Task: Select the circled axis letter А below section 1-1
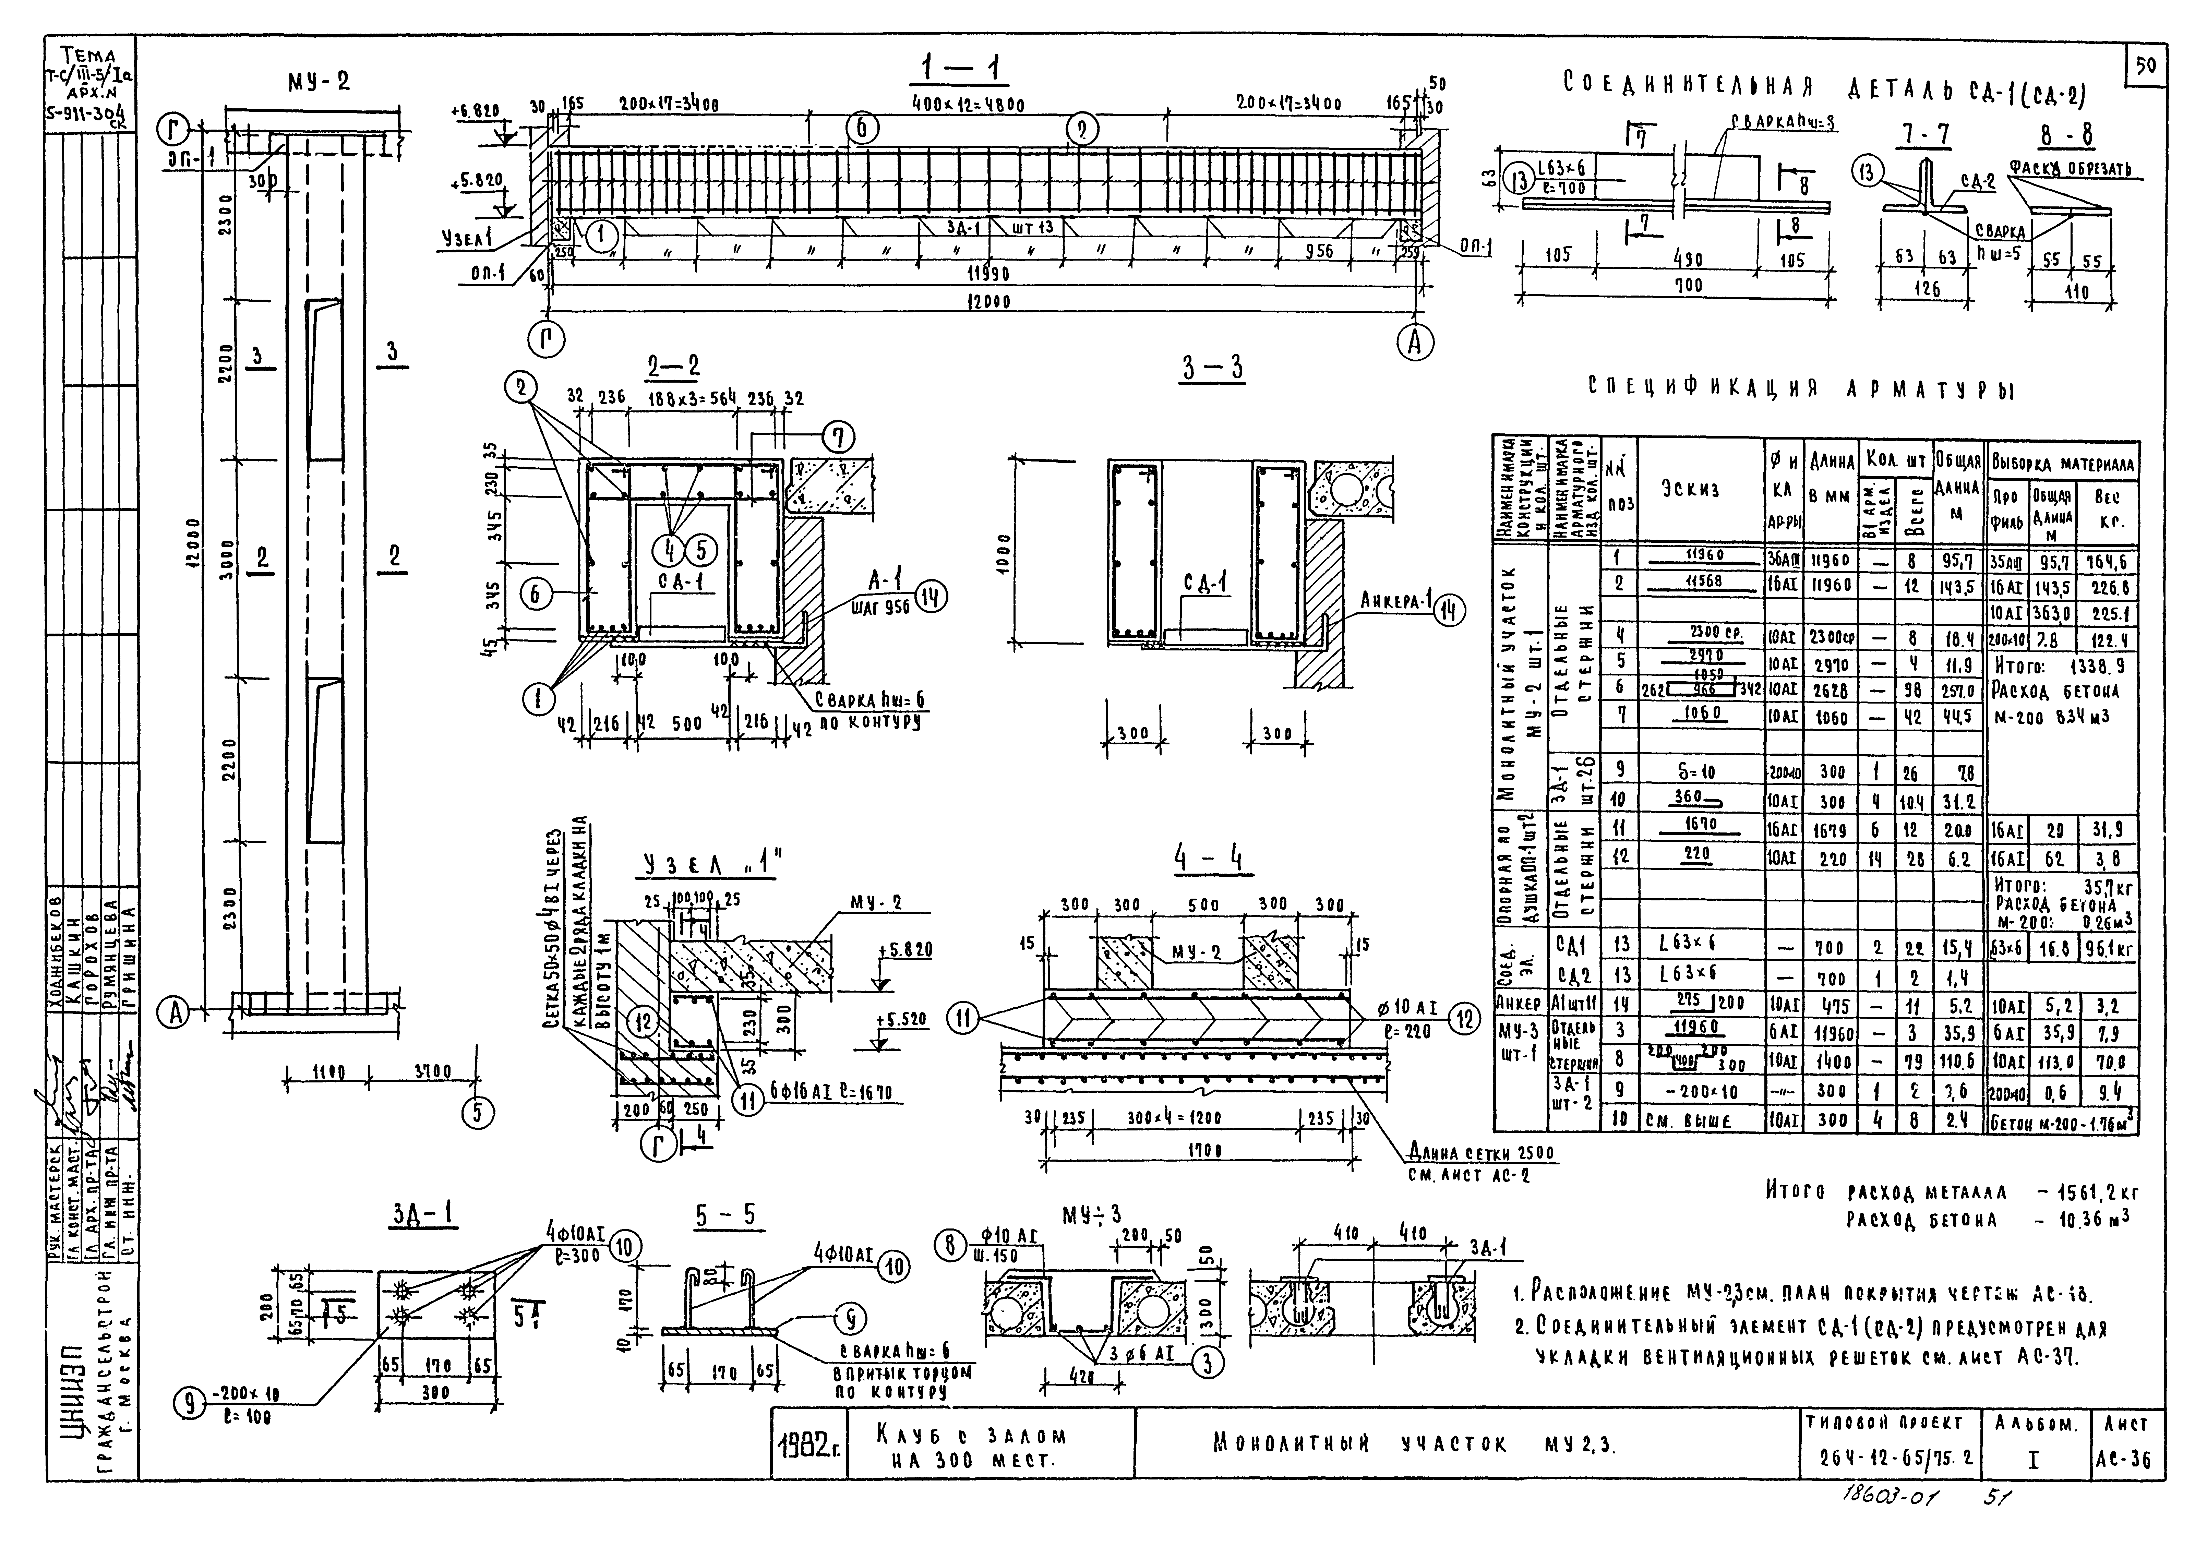pyautogui.click(x=1414, y=343)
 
